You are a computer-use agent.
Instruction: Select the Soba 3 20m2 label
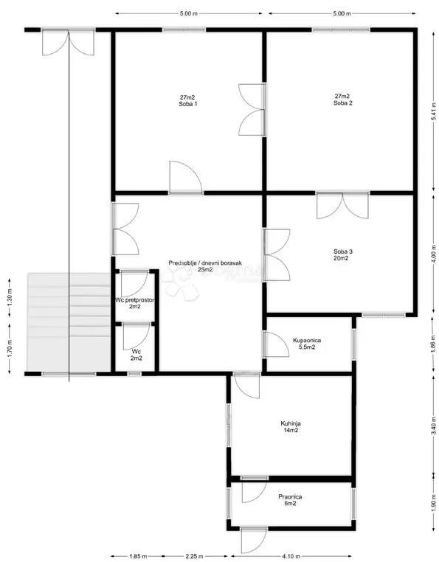coord(343,255)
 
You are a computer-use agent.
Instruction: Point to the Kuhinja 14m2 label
coord(291,427)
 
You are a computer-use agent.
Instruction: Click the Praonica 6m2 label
coord(290,500)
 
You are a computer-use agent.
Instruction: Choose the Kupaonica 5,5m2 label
coord(307,344)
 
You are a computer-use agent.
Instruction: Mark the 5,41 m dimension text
coord(434,112)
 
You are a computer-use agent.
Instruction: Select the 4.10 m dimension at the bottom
coord(291,557)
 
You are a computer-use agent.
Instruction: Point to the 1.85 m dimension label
coord(138,557)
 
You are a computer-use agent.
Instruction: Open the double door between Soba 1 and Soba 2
coord(252,109)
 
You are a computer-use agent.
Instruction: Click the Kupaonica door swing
coord(276,344)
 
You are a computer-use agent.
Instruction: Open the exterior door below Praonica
coord(254,541)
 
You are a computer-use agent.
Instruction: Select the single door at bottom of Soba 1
coord(186,178)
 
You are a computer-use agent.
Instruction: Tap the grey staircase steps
coord(69,322)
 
